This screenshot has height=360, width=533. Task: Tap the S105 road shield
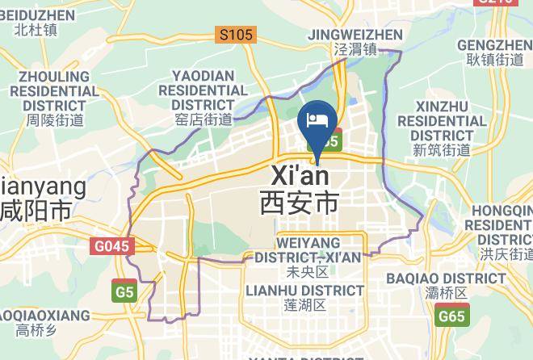(x=236, y=35)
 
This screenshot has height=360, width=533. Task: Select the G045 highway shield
(x=112, y=246)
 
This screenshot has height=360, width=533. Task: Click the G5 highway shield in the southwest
(x=124, y=291)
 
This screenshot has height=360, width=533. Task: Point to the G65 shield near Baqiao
(x=451, y=316)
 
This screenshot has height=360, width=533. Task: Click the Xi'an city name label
(x=300, y=175)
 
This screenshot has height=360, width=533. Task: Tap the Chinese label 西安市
(x=299, y=202)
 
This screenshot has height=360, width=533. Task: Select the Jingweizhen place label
(x=355, y=35)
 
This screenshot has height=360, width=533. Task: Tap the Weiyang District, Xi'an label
(x=307, y=249)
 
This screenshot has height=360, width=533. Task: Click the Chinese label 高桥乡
(x=36, y=330)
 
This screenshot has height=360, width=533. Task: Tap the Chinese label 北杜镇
(x=36, y=31)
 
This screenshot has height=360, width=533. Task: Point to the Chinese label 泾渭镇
(x=355, y=50)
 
